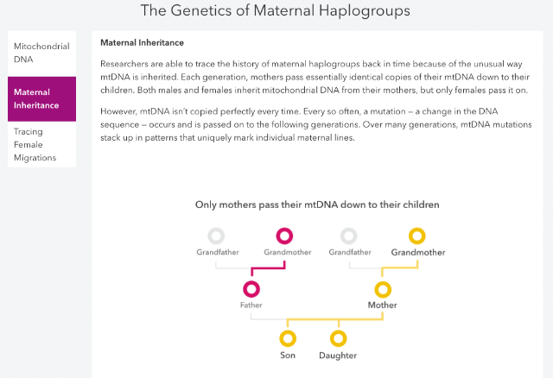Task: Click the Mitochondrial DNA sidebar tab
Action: (x=41, y=53)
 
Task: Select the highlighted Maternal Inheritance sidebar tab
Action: (x=41, y=99)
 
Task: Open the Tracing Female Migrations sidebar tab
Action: (x=41, y=144)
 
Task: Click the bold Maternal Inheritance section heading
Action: (x=142, y=42)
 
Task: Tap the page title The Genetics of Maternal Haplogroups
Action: (x=276, y=10)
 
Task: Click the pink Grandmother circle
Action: (x=284, y=230)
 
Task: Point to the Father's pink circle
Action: (x=251, y=282)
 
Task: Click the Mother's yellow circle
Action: (x=383, y=282)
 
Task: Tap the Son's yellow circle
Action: (x=288, y=331)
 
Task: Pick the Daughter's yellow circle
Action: (x=339, y=331)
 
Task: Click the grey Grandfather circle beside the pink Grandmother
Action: (x=216, y=230)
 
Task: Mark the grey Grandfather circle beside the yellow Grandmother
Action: (x=349, y=230)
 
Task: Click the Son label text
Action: (x=288, y=355)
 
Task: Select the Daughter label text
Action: (x=338, y=356)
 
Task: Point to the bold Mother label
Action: (x=382, y=305)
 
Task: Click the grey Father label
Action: (x=251, y=305)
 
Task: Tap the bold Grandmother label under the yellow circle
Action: (x=418, y=252)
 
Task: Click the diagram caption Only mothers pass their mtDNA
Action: (x=317, y=205)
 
